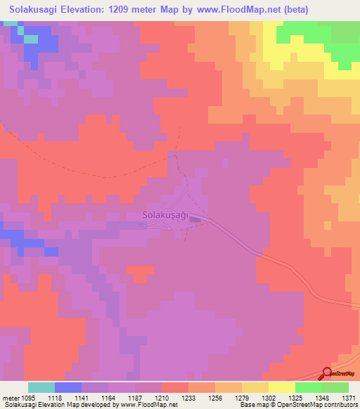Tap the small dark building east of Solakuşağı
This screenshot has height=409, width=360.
pos(195,219)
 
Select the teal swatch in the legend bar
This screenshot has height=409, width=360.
pos(41,387)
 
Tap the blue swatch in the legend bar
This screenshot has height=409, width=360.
pos(68,387)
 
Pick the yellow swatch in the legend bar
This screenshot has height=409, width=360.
pos(282,387)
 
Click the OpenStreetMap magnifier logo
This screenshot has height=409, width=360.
pos(326,374)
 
